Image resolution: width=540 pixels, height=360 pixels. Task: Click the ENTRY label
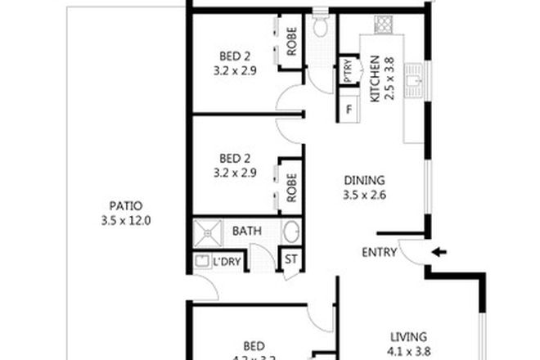379,253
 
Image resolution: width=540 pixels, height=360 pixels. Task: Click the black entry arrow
439,252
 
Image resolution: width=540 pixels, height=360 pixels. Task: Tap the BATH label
246,232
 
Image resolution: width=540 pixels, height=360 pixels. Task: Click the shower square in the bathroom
208,232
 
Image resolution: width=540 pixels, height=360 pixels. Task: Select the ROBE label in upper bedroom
291,40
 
